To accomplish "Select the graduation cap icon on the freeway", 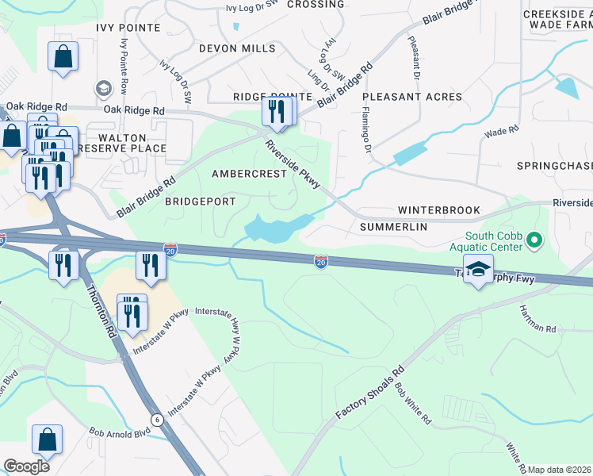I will [x=478, y=270].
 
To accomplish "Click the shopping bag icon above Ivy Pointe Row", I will [x=63, y=57].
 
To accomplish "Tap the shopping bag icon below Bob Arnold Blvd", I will [x=47, y=441].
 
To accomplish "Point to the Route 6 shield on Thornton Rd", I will [x=157, y=420].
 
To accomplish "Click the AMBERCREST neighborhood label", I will [x=248, y=174].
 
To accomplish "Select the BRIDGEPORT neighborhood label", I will [x=200, y=202].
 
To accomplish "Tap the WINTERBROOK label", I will [x=438, y=210].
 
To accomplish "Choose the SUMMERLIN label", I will [x=393, y=227].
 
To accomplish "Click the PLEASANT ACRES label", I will [x=412, y=97].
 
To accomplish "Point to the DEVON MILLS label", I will [x=237, y=48].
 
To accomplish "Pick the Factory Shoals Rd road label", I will [x=369, y=393].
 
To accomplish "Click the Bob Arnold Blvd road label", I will [x=120, y=433].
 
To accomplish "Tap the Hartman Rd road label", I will [x=538, y=318].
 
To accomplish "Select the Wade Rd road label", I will [x=501, y=130].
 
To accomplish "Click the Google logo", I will [x=26, y=466].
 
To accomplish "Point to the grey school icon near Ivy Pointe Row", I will [x=103, y=87].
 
